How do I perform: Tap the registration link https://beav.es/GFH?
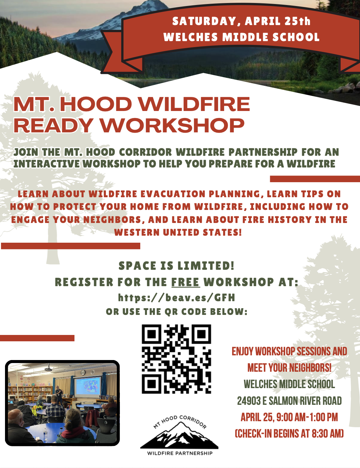pyautogui.click(x=177, y=298)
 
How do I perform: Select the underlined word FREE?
pyautogui.click(x=186, y=282)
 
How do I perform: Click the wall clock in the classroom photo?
pyautogui.click(x=83, y=372)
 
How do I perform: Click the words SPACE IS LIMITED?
pyautogui.click(x=176, y=265)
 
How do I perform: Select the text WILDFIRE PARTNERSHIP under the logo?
pyautogui.click(x=180, y=453)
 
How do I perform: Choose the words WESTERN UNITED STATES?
pyautogui.click(x=178, y=232)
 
